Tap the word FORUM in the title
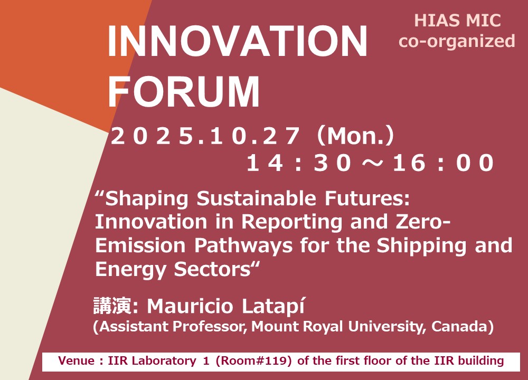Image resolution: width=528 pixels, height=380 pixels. (x=184, y=91)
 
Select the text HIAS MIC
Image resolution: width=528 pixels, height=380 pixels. (x=457, y=21)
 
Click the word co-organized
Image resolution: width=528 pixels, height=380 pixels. (x=457, y=41)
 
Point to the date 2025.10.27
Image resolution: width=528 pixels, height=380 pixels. (x=205, y=136)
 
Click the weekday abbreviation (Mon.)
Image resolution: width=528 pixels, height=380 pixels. (x=355, y=136)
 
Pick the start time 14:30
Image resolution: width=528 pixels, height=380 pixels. (x=299, y=163)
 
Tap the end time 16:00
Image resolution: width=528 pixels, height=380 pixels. (x=443, y=163)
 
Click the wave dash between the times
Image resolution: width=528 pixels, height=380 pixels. (x=372, y=163)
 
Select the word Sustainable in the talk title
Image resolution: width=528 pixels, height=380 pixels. (x=256, y=198)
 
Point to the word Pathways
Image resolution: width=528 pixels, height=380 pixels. (x=243, y=245)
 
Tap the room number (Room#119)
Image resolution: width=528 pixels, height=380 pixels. (x=253, y=361)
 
